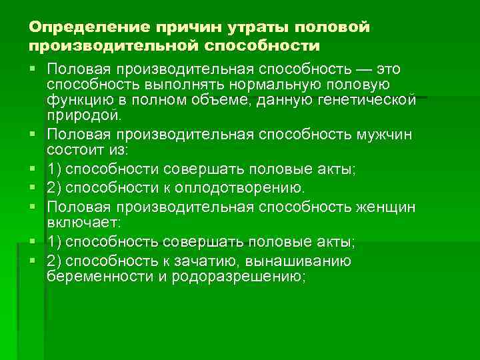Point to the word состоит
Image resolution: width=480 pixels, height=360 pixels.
click(x=71, y=149)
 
